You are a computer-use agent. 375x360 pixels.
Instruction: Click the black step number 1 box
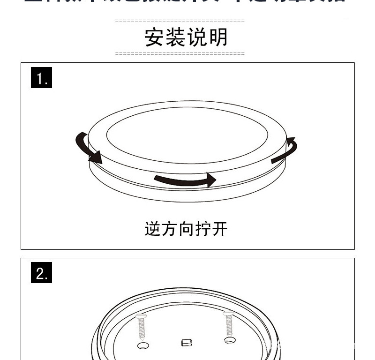[x=42, y=78]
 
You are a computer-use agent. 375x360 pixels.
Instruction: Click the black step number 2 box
[x=42, y=273]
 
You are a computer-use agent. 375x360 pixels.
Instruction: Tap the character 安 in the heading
[x=155, y=37]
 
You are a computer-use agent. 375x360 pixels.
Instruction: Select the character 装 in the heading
[x=176, y=37]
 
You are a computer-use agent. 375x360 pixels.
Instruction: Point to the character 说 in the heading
[x=197, y=37]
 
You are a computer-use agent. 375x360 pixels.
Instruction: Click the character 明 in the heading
[x=218, y=37]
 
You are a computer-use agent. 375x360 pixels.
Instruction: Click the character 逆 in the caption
[x=153, y=229]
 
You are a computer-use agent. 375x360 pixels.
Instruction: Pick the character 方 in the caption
[x=170, y=229]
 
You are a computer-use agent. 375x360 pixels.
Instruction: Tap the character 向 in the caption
[x=186, y=229]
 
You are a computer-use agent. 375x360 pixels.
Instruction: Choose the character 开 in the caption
[x=219, y=229]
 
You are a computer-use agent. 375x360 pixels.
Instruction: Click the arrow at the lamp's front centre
[x=185, y=180]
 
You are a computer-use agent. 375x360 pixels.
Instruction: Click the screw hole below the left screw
[x=142, y=345]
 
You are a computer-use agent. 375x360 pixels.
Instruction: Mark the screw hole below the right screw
[x=229, y=340]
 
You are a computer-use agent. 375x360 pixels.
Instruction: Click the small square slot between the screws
[x=187, y=343]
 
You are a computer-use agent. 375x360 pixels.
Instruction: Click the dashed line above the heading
[x=180, y=21]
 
